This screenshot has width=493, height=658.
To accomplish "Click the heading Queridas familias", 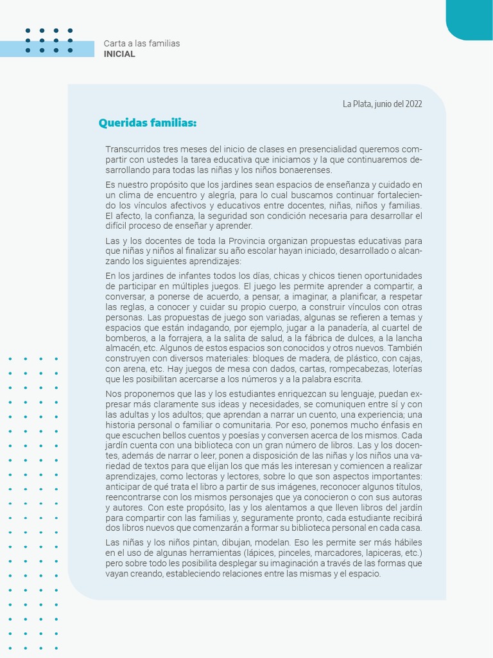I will (147, 123).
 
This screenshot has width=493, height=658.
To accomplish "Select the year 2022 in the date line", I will (413, 103).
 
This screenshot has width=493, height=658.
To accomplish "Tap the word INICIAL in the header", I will (119, 54).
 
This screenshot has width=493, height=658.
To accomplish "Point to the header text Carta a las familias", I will (142, 44).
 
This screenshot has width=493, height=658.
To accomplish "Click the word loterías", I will (402, 369).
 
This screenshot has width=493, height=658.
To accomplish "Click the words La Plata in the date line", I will (356, 103).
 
